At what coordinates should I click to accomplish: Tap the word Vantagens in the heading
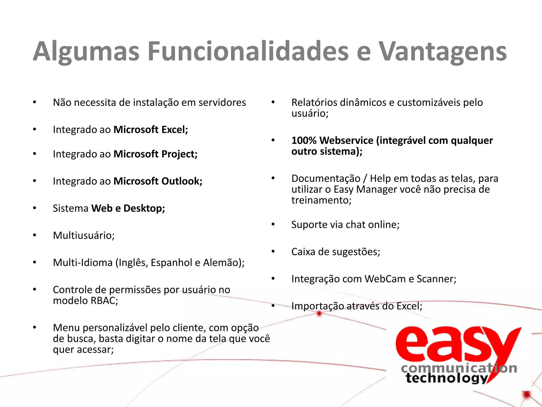pos(443,52)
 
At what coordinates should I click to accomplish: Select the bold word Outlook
pos(182,181)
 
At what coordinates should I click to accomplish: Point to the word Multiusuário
pos(84,236)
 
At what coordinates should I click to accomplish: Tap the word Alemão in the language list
pos(224,263)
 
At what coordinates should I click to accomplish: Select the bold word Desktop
pos(144,209)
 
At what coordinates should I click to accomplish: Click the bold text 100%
pos(304,140)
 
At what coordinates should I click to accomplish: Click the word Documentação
pos(326,179)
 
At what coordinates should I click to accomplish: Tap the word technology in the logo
pos(447,378)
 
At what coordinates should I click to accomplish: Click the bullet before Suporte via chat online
pos(273,224)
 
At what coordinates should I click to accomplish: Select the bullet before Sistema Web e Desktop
pos(35,208)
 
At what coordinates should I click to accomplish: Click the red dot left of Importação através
pos(319,314)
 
